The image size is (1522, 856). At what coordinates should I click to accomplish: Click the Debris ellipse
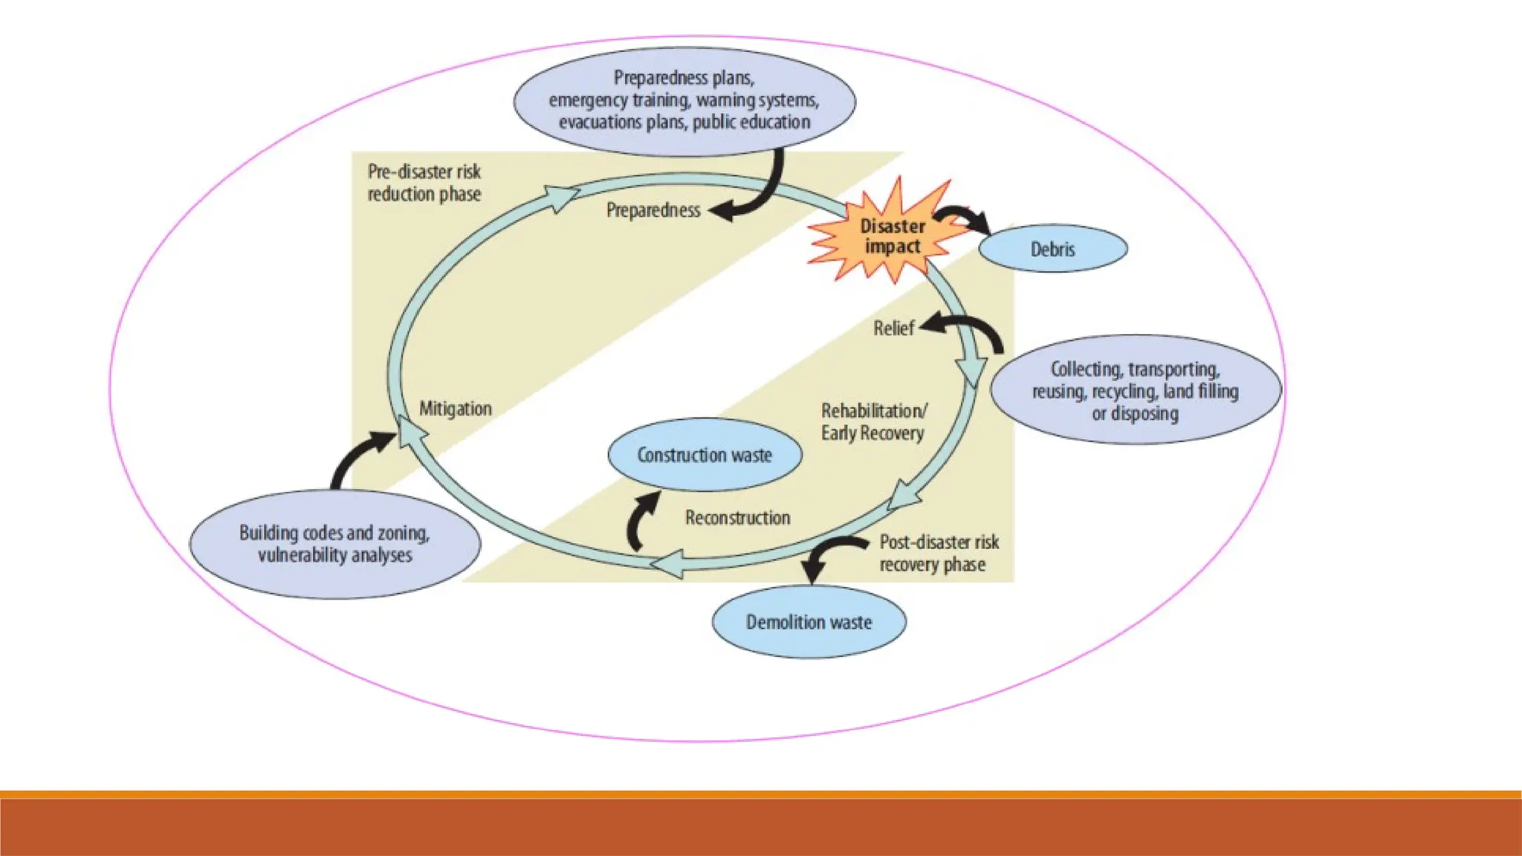pos(1052,249)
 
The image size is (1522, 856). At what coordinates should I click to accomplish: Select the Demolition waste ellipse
pos(809,622)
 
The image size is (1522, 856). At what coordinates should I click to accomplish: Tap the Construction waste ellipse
pos(705,455)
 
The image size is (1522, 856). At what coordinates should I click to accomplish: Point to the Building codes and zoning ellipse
pos(334,544)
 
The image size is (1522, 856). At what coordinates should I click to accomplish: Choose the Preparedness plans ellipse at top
pos(684,100)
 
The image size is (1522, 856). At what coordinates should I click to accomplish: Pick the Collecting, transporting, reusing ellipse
pos(1135,391)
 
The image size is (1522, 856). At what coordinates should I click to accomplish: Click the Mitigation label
pos(456,409)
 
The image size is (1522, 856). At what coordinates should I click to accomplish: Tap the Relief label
pos(893,328)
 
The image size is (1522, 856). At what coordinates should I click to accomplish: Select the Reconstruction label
pos(737,518)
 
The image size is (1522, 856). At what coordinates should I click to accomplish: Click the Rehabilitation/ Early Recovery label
pos(873,422)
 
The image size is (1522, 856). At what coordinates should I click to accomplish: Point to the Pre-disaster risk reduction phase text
pos(424,183)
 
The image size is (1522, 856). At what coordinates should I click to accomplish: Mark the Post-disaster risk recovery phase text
pos(939,554)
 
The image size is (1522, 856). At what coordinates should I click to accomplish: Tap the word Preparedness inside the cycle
pos(653,210)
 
